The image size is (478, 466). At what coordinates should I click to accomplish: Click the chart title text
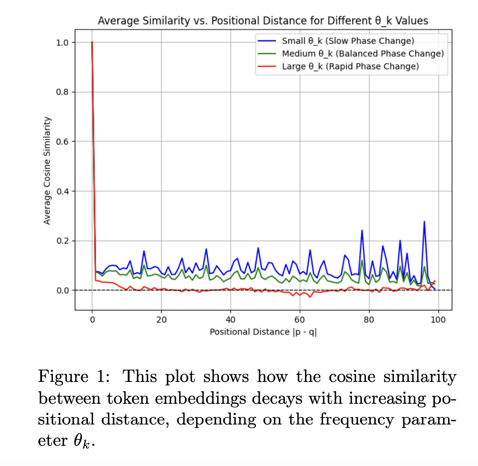point(262,21)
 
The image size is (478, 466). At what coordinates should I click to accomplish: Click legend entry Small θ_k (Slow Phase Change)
point(348,41)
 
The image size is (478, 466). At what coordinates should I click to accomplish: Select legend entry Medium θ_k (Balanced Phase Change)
point(362,53)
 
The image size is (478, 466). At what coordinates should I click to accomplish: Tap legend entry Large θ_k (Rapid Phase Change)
point(350,66)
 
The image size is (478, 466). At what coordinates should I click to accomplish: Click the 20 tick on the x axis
point(161,319)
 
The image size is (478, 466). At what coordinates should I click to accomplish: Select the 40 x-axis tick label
point(230,319)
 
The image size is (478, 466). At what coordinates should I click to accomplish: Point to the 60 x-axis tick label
point(300,319)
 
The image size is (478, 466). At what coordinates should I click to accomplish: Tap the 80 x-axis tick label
point(369,319)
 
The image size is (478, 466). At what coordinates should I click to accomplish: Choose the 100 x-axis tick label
point(438,319)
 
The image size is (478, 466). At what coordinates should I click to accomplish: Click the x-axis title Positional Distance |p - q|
point(263,332)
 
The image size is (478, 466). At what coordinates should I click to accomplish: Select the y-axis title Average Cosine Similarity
point(47,170)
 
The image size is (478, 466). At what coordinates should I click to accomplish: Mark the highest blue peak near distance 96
point(424,222)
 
